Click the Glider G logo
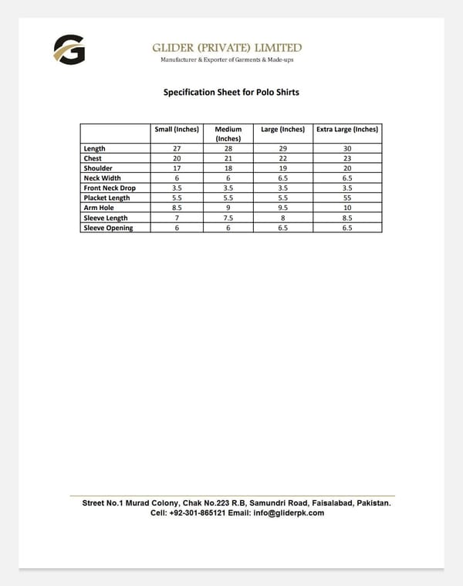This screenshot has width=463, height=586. [69, 50]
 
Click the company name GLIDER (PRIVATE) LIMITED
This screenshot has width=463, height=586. [227, 48]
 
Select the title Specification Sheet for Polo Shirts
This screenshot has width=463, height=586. [231, 93]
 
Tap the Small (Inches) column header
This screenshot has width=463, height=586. [177, 129]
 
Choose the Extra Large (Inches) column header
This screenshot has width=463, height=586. [347, 129]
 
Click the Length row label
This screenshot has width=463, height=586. [95, 148]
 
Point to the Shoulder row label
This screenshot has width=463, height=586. [98, 168]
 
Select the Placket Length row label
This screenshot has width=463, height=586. [106, 198]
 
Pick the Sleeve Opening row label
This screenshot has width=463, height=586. [108, 228]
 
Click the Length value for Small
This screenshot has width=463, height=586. [177, 148]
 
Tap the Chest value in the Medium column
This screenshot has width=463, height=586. [228, 158]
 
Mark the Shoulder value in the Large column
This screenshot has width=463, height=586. [283, 168]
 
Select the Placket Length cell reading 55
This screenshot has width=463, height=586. [347, 198]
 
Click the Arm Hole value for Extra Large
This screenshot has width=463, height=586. [347, 208]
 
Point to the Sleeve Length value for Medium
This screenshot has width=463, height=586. [228, 218]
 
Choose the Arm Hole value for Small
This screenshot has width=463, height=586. [177, 208]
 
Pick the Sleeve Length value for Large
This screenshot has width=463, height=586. [283, 218]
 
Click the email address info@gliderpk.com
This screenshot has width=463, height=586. [289, 513]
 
